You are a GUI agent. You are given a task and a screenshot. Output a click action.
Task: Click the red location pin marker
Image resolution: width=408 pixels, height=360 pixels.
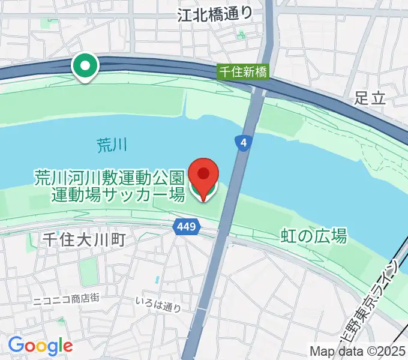pos(203,175)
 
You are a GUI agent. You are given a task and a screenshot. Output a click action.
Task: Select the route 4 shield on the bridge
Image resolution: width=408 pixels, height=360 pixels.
pos(242,143)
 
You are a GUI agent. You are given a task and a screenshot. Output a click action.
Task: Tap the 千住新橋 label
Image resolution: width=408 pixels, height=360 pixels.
pos(243,72)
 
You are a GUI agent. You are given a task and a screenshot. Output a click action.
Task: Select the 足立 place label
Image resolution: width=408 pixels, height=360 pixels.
pos(369,98)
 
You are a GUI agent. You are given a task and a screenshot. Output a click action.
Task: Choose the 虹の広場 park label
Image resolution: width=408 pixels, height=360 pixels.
pos(314,236)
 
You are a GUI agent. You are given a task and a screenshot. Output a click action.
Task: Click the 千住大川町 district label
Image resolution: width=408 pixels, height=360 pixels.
pos(83,240)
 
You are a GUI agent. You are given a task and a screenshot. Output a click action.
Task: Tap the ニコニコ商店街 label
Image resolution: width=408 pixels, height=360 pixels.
pos(66,298)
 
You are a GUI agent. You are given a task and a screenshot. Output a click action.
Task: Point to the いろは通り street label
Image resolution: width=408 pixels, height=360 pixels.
pos(158,307)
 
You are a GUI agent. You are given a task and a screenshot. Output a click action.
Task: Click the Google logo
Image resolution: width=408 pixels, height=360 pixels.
pos(40,346)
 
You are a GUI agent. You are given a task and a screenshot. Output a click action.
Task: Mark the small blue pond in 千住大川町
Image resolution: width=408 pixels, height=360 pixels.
pos(157,280)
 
